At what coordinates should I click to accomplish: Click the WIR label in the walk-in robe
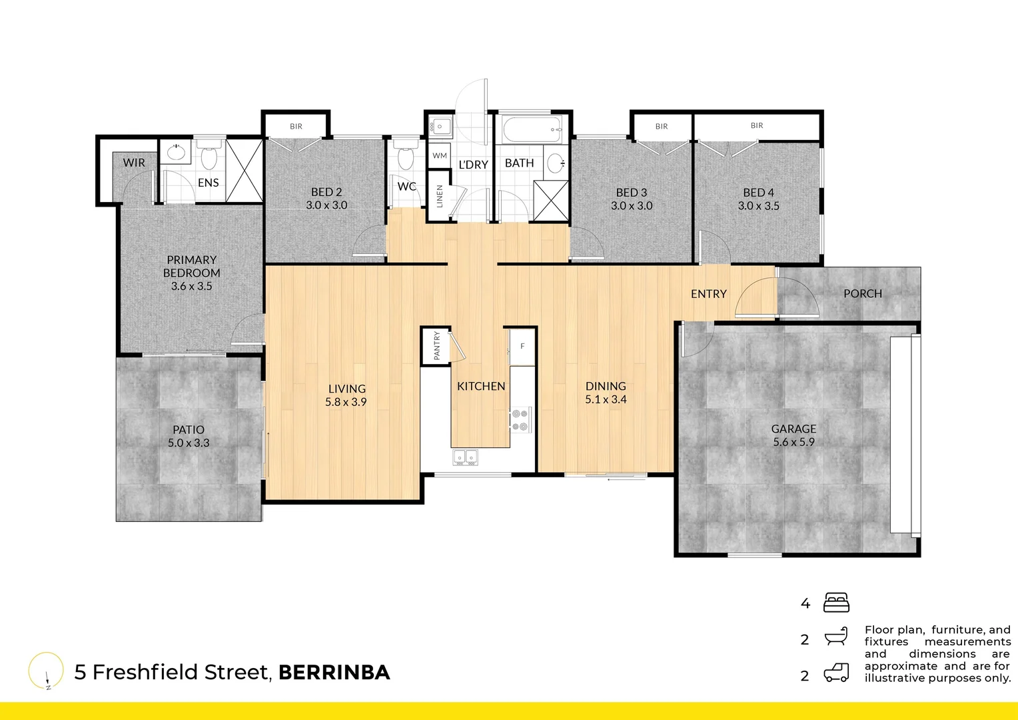tap(134, 163)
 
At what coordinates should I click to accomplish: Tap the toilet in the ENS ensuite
tap(209, 157)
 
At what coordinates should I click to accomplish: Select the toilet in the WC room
tap(405, 158)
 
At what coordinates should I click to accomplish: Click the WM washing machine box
tap(440, 155)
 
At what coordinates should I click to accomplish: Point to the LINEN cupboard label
tap(440, 196)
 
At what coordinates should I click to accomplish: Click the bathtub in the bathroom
tap(532, 129)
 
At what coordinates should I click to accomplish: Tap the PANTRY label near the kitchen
tap(437, 345)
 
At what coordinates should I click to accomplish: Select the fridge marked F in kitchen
tap(522, 347)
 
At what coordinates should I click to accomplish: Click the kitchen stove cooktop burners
tap(520, 421)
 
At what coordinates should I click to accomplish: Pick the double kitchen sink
tap(465, 457)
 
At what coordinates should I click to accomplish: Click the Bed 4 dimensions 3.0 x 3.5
tap(758, 206)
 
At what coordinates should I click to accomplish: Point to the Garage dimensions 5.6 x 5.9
tap(793, 442)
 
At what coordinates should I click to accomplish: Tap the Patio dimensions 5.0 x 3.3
tap(189, 443)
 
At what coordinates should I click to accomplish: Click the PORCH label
tap(862, 293)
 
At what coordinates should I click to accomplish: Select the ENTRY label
tap(708, 294)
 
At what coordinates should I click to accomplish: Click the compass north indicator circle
tap(46, 670)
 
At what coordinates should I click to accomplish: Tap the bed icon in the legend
tap(836, 603)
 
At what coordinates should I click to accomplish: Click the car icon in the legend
tap(836, 673)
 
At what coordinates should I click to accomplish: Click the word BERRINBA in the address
tap(334, 673)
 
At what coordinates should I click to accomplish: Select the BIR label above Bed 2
tap(296, 126)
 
